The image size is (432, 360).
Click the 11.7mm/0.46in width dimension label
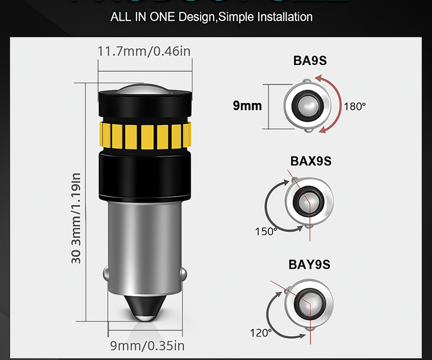coord(144,51)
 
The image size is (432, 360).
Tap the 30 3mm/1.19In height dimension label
coord(76,218)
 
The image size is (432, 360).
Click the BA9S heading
coord(310,60)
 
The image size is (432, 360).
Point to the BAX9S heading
coord(311,161)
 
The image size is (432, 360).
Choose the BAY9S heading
coord(309,264)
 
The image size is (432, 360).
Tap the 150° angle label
coord(266,231)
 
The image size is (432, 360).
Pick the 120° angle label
coord(261,333)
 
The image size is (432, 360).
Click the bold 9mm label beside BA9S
coord(248,105)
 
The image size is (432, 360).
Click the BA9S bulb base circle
coord(307,105)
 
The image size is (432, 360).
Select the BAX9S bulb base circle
coord(309,201)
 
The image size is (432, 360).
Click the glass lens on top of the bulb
coord(144,89)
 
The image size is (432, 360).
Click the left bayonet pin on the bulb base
coord(106,274)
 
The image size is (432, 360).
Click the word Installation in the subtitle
coord(285,17)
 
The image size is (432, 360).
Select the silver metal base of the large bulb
coord(144,242)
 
